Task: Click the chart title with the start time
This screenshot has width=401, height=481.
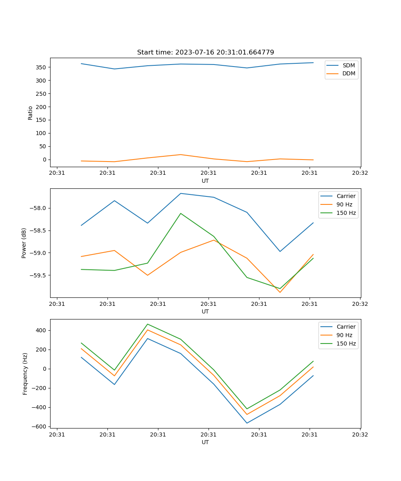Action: click(205, 53)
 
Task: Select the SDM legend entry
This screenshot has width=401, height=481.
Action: click(348, 65)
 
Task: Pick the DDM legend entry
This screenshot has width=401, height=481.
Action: click(348, 73)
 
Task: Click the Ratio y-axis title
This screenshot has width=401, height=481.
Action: click(30, 113)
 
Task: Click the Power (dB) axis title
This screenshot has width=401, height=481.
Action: click(24, 243)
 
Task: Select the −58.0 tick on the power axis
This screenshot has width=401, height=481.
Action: click(38, 208)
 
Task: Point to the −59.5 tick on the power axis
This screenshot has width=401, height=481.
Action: click(38, 275)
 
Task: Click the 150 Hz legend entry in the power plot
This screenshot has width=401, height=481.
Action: click(346, 213)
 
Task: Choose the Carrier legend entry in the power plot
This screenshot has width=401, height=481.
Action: click(346, 196)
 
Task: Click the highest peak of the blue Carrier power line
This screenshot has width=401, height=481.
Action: click(181, 194)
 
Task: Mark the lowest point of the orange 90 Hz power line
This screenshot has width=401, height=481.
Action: click(280, 292)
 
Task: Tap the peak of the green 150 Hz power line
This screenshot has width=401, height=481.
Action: click(181, 213)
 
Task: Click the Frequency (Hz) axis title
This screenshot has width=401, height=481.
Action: click(25, 374)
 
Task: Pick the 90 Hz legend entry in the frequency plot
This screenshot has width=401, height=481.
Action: click(344, 335)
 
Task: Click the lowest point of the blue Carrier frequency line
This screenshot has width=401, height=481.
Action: click(247, 423)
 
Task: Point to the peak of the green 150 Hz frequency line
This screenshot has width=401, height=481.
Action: click(148, 324)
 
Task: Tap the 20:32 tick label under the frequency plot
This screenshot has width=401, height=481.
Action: click(360, 434)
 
